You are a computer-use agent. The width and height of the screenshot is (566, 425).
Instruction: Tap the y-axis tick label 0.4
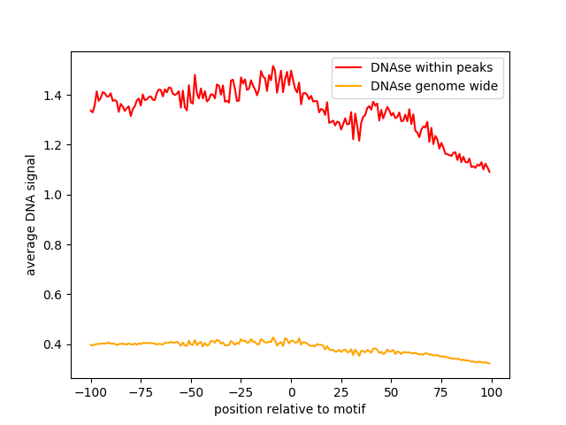[54, 344]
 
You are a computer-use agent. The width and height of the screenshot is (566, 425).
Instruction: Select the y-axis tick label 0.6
[54, 295]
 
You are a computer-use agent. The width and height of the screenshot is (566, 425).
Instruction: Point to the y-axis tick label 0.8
[54, 245]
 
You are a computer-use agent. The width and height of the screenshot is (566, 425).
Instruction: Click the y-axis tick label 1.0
[54, 195]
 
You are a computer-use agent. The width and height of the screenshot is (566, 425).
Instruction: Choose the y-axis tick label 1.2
[54, 145]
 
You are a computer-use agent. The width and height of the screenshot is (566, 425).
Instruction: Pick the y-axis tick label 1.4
[54, 96]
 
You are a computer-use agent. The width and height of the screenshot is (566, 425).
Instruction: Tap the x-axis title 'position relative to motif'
[290, 409]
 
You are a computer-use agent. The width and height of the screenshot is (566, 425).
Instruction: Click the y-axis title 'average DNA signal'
[31, 215]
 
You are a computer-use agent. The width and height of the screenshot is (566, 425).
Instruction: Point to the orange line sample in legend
[351, 87]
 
